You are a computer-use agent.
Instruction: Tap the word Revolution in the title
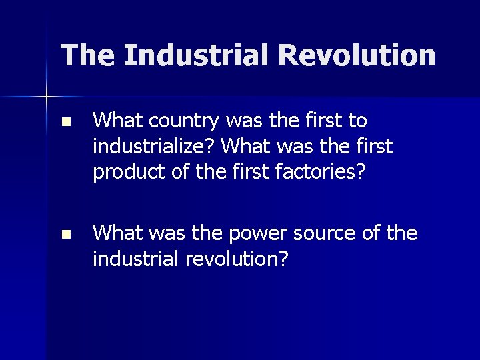click(x=358, y=55)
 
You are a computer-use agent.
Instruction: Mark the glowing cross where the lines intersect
click(x=47, y=97)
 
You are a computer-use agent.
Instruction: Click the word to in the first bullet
click(x=357, y=121)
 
